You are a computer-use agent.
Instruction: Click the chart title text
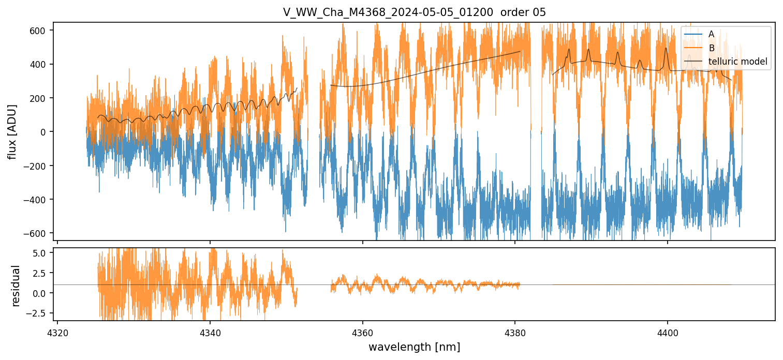click(414, 12)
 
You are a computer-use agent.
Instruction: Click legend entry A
click(711, 34)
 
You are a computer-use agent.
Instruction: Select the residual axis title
click(16, 285)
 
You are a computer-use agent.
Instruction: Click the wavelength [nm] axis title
click(414, 347)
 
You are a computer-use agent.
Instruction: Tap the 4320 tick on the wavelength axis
click(57, 331)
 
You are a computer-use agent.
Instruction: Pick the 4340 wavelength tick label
click(210, 331)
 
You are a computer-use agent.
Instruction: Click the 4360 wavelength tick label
click(362, 331)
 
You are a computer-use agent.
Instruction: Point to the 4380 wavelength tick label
click(515, 331)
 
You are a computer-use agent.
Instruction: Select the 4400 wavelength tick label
click(667, 331)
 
